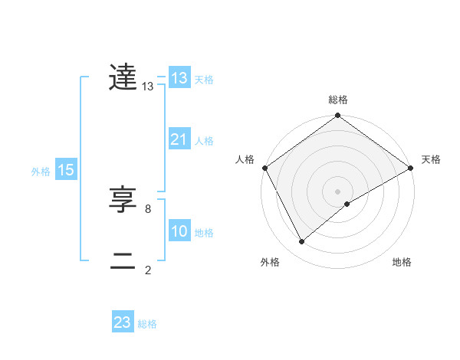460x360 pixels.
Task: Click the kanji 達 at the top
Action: (123, 77)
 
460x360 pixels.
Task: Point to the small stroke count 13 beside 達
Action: (148, 87)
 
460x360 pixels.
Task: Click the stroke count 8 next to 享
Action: (147, 208)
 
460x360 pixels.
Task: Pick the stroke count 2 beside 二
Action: (147, 269)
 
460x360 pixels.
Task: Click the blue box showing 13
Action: (179, 78)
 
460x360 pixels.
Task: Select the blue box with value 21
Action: (179, 139)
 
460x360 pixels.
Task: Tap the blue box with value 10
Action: (179, 231)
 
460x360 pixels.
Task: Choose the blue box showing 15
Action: (65, 170)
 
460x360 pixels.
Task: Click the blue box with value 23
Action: (122, 322)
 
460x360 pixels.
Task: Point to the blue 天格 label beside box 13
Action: (204, 80)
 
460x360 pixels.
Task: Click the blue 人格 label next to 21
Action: (204, 141)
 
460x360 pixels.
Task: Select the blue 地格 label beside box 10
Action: (204, 233)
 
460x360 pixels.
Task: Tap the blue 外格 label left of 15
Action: (41, 172)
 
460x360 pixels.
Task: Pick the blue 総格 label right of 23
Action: (147, 324)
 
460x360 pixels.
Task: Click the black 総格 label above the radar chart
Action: (338, 100)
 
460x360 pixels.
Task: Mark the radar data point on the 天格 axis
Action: (411, 168)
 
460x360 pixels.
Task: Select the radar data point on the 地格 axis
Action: (348, 204)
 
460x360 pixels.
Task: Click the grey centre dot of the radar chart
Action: (338, 191)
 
